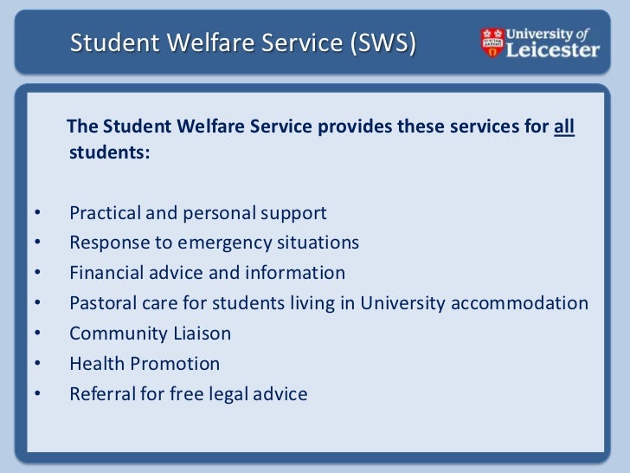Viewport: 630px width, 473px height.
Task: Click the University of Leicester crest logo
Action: [492, 42]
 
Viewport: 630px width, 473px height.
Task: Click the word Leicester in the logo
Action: [552, 49]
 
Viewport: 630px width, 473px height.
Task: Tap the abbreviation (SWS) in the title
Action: [382, 42]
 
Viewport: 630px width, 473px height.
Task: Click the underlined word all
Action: [563, 127]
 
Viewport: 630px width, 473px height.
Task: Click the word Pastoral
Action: [103, 303]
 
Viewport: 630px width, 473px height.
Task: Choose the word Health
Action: [95, 364]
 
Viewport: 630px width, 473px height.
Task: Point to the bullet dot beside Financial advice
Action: [36, 274]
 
